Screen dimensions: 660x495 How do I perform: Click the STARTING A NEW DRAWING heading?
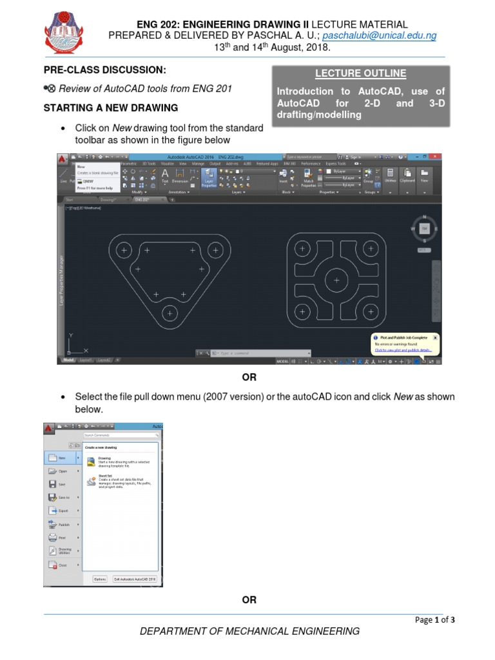point(110,108)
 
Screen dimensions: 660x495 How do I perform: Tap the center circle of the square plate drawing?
point(335,280)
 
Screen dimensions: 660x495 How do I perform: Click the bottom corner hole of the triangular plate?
point(170,313)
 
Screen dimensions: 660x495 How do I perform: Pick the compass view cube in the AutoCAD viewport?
point(423,229)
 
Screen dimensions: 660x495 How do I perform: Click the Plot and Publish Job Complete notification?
point(405,344)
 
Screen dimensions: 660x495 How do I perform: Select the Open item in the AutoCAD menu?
point(63,471)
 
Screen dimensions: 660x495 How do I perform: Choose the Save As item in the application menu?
point(63,497)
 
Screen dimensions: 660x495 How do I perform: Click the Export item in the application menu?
point(63,510)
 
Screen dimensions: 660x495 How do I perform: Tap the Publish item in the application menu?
point(63,525)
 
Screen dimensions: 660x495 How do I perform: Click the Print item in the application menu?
point(63,538)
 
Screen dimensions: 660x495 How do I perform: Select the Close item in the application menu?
point(63,565)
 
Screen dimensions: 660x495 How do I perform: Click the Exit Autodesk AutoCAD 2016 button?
point(135,579)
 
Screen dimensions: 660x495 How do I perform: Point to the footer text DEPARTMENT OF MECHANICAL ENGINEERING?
point(250,632)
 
